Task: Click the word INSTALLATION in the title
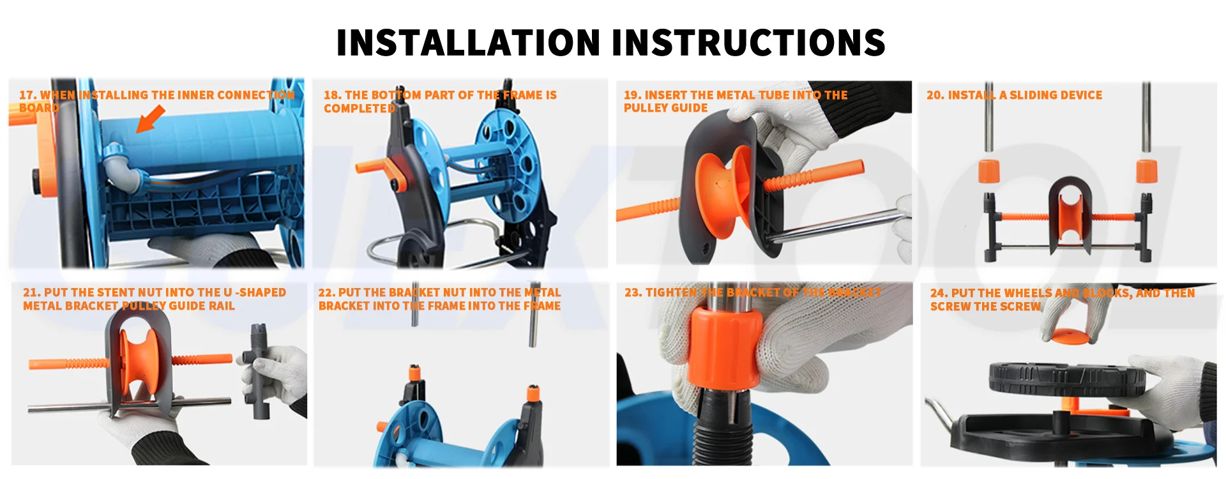(468, 43)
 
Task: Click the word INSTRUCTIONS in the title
(748, 43)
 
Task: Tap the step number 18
(331, 95)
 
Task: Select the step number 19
(632, 95)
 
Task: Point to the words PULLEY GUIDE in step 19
(665, 109)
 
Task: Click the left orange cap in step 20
(989, 171)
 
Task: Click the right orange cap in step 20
(1147, 171)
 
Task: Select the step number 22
(326, 293)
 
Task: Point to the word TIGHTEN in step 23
(671, 293)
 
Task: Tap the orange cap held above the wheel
(1070, 337)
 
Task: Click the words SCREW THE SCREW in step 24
(985, 307)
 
